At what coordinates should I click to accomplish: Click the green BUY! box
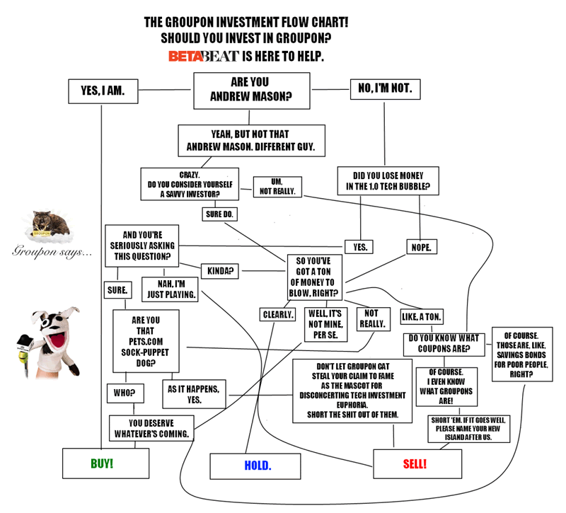tap(105, 463)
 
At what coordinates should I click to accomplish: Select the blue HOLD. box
tap(257, 466)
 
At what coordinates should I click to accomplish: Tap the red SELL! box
tap(414, 464)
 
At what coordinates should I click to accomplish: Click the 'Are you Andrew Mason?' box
tap(252, 91)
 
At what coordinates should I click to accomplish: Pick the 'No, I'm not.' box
tap(386, 89)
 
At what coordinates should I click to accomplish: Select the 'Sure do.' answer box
tap(221, 213)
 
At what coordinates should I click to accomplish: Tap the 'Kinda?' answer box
tap(221, 270)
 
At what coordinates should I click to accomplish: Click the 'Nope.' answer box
tap(422, 247)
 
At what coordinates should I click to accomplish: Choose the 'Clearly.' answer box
tap(278, 314)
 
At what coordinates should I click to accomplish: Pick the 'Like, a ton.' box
tap(422, 316)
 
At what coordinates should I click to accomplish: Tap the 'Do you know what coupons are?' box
tap(444, 344)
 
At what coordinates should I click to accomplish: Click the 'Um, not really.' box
tap(278, 186)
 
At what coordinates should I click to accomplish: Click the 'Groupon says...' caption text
tap(51, 252)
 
